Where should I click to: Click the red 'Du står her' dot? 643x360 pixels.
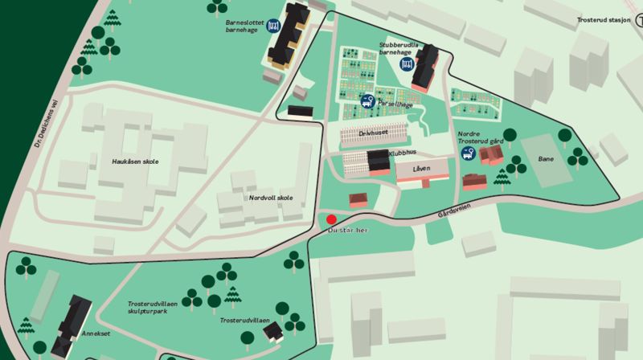[x=331, y=218]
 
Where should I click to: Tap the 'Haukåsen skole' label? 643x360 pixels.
[x=135, y=162]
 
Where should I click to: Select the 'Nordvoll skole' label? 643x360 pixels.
[x=271, y=198]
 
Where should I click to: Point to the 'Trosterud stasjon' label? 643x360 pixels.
[x=609, y=20]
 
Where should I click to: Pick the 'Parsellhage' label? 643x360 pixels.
[x=391, y=104]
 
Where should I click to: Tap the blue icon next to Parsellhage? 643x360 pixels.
[x=367, y=102]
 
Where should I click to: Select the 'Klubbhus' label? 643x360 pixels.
[x=402, y=151]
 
